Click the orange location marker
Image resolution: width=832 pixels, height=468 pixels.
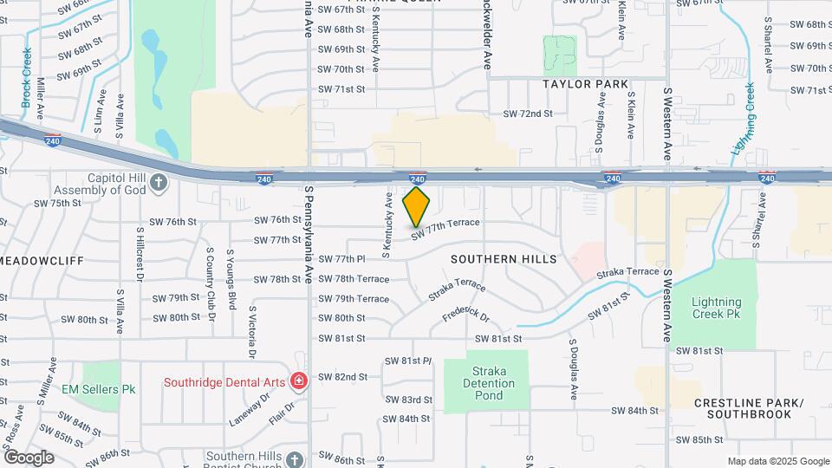pyautogui.click(x=416, y=206)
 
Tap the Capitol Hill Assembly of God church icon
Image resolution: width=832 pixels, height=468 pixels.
pyautogui.click(x=158, y=182)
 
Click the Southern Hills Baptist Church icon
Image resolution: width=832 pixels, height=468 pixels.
pyautogui.click(x=295, y=458)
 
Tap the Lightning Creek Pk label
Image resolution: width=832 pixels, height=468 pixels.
pyautogui.click(x=717, y=308)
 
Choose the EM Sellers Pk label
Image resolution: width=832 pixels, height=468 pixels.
pyautogui.click(x=99, y=390)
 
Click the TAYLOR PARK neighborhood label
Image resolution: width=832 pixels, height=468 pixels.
pyautogui.click(x=585, y=84)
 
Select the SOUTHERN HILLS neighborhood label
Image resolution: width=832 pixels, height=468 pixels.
pyautogui.click(x=504, y=259)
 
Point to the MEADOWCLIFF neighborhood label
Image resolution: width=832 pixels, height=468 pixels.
pyautogui.click(x=31, y=260)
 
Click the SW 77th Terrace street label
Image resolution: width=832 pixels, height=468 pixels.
pyautogui.click(x=445, y=228)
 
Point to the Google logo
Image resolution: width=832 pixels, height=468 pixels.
pyautogui.click(x=29, y=457)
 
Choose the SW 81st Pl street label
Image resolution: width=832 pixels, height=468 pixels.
pyautogui.click(x=408, y=360)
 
